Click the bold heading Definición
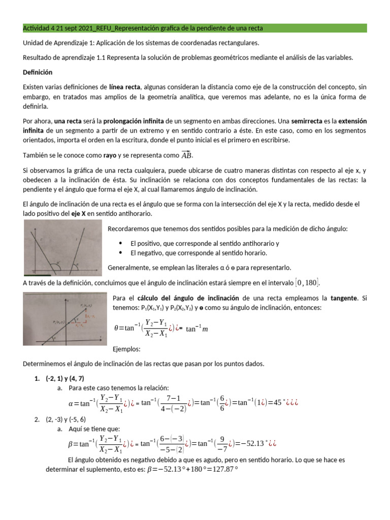[x=38, y=73]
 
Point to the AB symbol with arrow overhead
[x=187, y=155]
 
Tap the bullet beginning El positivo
[x=204, y=243]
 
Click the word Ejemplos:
[x=125, y=349]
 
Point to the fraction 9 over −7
[x=222, y=442]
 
